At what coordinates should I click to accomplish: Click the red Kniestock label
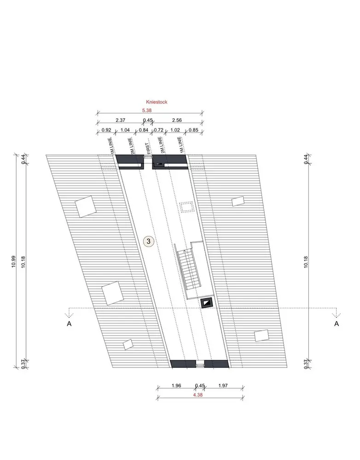coord(157,102)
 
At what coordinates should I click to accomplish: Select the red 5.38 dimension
coord(147,110)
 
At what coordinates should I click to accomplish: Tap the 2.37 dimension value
coord(121,120)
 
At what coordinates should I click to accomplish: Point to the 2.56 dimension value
coord(177,120)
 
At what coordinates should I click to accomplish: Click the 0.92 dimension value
coord(106,130)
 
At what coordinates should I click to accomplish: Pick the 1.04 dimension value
coord(125,130)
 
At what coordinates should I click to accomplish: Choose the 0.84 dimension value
coord(143,130)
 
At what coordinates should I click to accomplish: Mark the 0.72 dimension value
coord(158,130)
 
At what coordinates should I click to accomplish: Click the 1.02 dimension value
coord(175,130)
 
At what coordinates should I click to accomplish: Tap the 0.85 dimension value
coord(193,130)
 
